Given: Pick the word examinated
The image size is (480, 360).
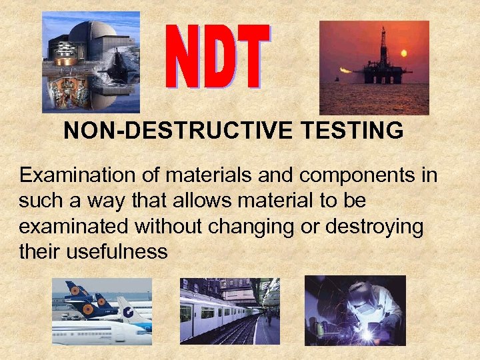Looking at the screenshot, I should click(x=75, y=227).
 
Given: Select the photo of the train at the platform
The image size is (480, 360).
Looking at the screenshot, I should click(x=230, y=311).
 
